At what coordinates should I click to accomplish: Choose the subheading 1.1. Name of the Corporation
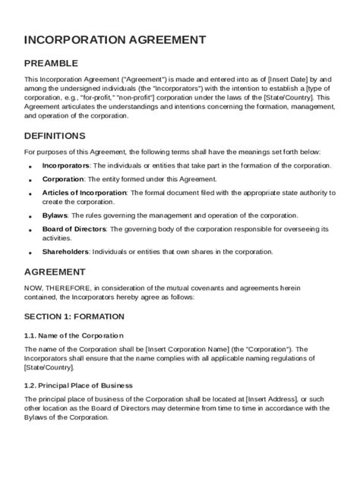coord(74,335)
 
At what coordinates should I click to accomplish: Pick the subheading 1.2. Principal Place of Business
coord(78,385)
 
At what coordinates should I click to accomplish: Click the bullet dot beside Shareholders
coord(30,253)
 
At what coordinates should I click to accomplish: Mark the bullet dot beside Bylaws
coord(30,217)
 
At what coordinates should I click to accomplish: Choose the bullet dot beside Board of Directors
coord(30,231)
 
